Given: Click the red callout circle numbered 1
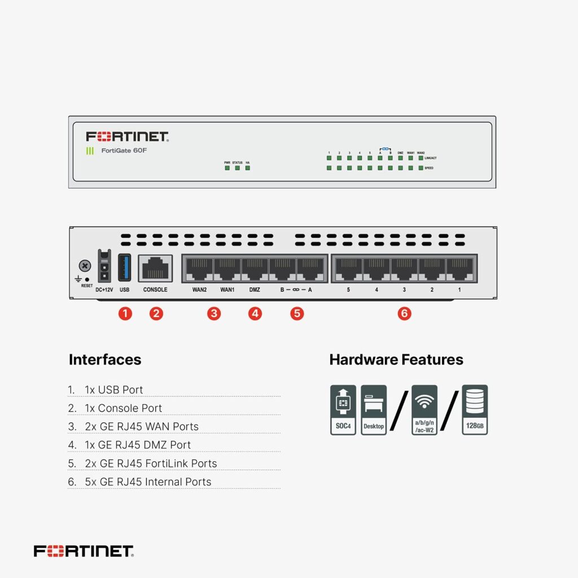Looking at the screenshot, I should [x=125, y=313].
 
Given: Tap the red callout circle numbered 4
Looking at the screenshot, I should [x=255, y=313].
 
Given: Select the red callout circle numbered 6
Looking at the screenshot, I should [x=404, y=313].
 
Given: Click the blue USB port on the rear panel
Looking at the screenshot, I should [x=125, y=268].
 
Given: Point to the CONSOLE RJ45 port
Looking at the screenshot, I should [x=155, y=268].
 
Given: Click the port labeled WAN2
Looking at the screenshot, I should [x=199, y=269].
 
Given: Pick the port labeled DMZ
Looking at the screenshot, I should [x=255, y=269].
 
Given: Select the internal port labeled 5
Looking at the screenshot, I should [x=348, y=269].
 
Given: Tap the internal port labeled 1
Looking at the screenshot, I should [x=460, y=269].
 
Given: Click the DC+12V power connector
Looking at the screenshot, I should [x=104, y=266].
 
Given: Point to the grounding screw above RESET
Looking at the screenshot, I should [x=85, y=265].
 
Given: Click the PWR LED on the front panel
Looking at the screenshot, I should [x=227, y=168].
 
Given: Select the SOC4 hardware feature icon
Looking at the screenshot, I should [x=343, y=410].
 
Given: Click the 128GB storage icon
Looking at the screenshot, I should [x=474, y=410].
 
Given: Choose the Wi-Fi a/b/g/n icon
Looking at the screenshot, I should [x=424, y=410].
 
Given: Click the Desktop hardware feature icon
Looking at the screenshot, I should [x=374, y=410].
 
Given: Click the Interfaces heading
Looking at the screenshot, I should [x=105, y=360].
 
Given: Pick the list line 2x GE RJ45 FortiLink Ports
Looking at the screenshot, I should [x=150, y=463].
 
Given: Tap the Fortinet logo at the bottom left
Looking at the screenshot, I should [x=84, y=551].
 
